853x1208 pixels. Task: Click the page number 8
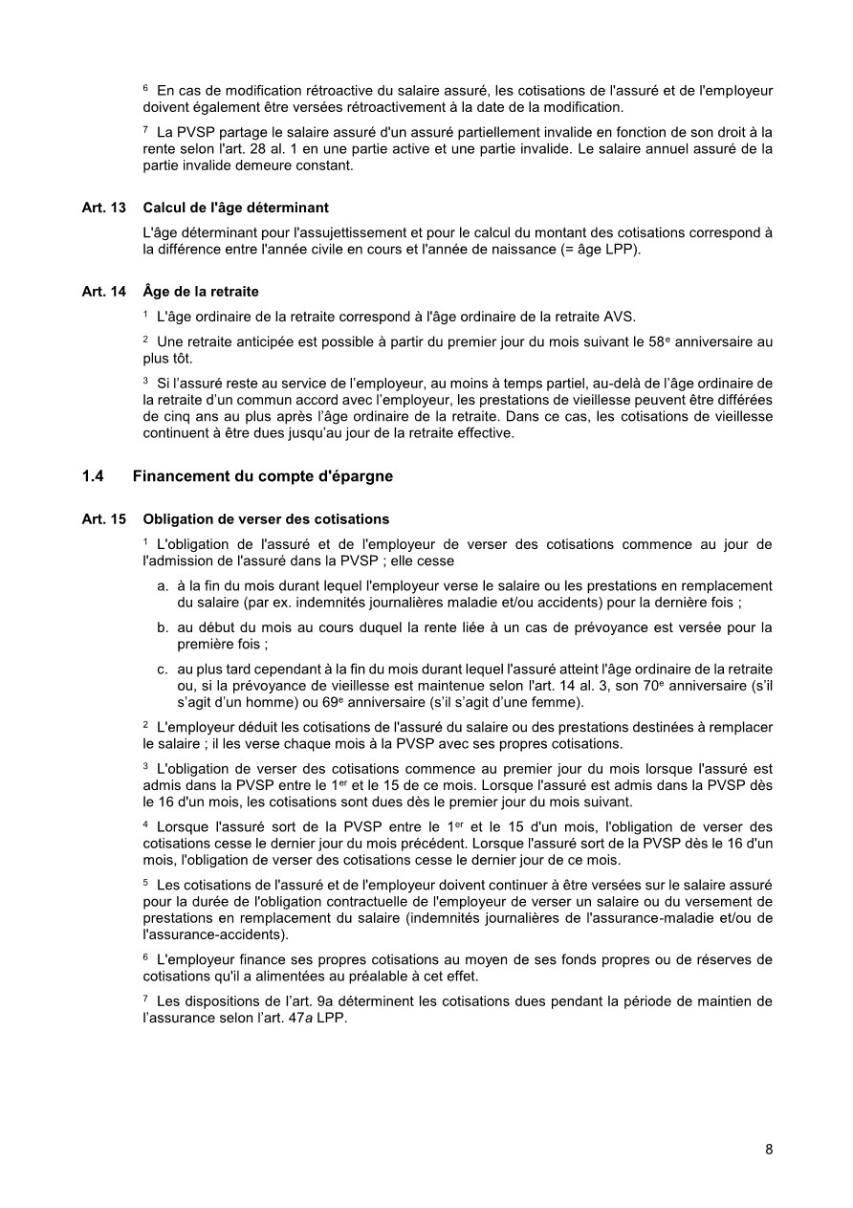click(769, 1150)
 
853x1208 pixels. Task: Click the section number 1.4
click(93, 476)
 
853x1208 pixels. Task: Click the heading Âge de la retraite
click(201, 292)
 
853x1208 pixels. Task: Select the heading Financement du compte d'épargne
click(262, 476)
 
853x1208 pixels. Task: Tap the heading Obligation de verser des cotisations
click(266, 519)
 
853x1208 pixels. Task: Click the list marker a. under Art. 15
click(164, 585)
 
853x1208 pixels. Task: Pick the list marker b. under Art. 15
click(164, 627)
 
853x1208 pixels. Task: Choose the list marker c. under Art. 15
click(164, 670)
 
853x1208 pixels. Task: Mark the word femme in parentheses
click(558, 702)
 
